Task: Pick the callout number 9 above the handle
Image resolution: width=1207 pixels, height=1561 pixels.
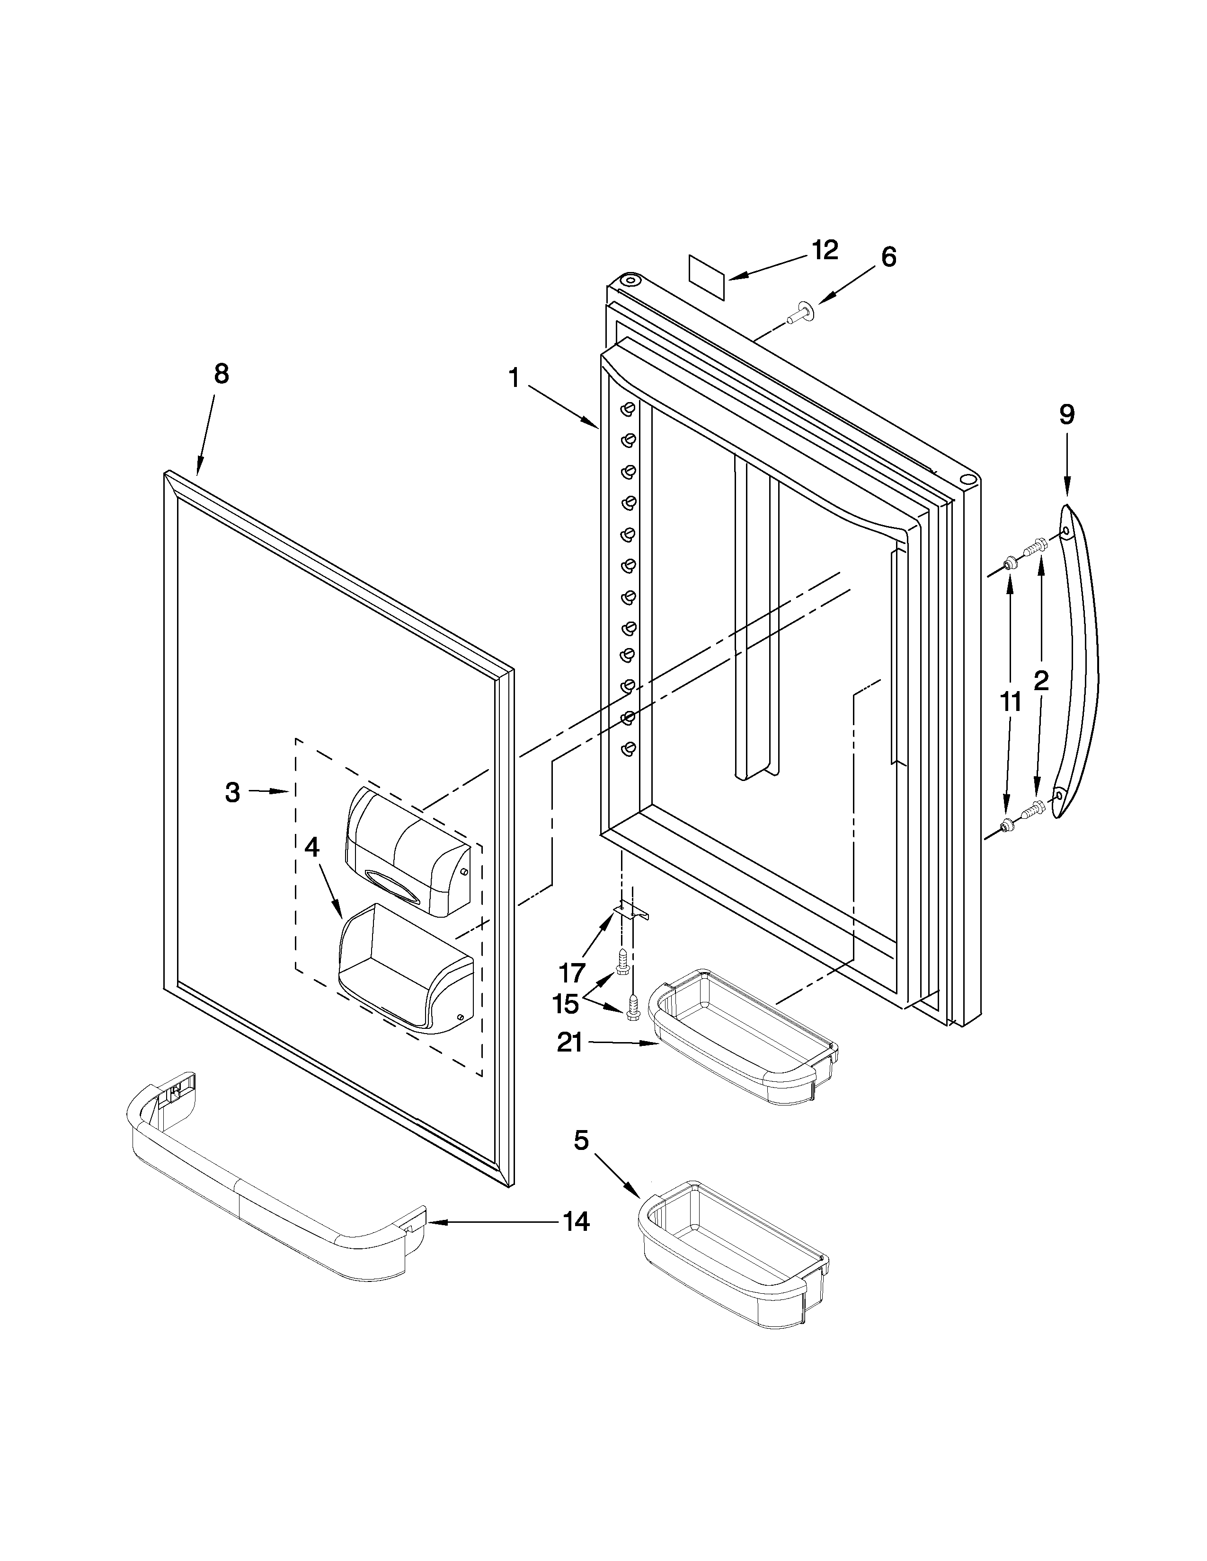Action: tap(1066, 414)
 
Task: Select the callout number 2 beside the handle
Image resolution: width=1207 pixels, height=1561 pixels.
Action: tap(1041, 680)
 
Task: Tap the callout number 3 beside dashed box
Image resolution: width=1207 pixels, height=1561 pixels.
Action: tap(232, 792)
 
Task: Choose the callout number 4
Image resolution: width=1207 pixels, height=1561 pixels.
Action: tap(312, 847)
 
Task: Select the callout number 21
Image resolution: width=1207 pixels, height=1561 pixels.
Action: tap(570, 1043)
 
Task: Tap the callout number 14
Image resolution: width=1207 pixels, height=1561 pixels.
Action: tap(576, 1221)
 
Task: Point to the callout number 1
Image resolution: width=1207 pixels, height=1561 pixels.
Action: tap(514, 377)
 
